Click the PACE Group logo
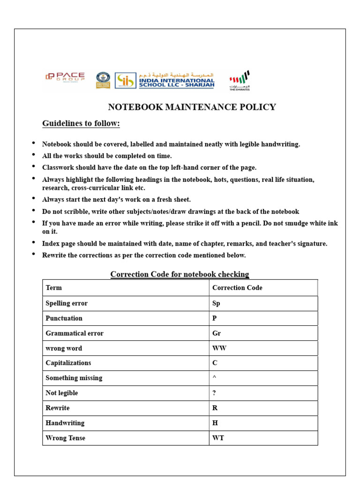tap(65, 77)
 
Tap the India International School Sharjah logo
tap(165, 80)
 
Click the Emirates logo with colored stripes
tap(240, 80)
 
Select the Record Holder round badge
tap(103, 80)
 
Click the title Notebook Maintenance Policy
tap(192, 107)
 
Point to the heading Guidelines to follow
tap(81, 123)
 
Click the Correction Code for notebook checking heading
tap(180, 274)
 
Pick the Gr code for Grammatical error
tap(217, 333)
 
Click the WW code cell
tap(219, 348)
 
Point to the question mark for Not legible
tap(214, 393)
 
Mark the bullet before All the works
tap(33, 155)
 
